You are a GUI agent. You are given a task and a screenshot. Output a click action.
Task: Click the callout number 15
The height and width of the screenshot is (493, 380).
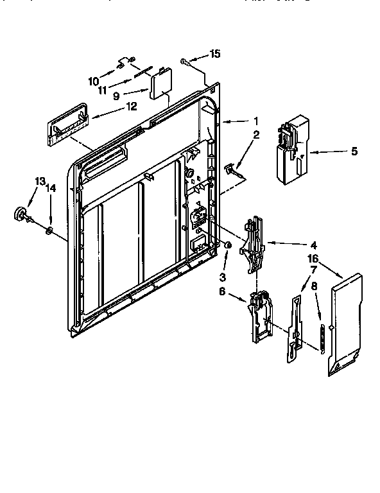215,54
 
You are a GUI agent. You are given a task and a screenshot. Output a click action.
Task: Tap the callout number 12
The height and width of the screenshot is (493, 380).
131,107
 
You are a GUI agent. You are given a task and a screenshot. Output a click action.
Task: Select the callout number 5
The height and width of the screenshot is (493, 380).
354,152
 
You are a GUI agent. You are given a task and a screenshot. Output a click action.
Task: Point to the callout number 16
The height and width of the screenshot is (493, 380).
313,258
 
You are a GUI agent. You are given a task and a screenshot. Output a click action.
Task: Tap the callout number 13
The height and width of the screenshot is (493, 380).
40,182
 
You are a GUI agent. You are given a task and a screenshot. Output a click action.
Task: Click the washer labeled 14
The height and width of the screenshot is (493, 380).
49,229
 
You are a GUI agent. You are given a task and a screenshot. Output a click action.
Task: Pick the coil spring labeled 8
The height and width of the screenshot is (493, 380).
321,336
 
